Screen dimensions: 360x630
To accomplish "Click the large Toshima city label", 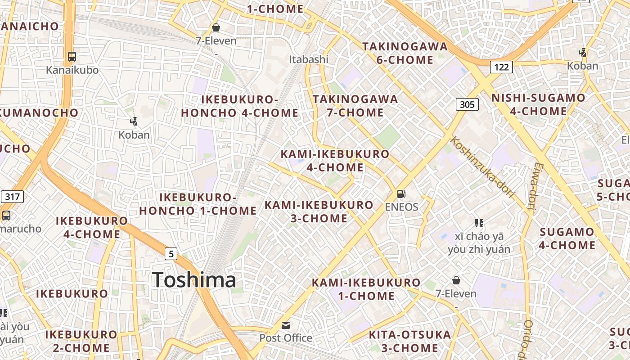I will pyautogui.click(x=194, y=280).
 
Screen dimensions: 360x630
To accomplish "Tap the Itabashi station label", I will pyautogui.click(x=309, y=59).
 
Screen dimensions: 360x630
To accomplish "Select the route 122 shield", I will pyautogui.click(x=501, y=67).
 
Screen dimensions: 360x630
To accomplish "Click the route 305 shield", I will pyautogui.click(x=467, y=104).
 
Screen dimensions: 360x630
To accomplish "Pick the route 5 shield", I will pyautogui.click(x=171, y=254).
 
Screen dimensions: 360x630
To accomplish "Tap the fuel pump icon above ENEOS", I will pyautogui.click(x=401, y=194).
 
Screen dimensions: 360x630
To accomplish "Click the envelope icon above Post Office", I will pyautogui.click(x=285, y=325).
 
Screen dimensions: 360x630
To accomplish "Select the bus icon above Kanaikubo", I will pyautogui.click(x=72, y=57).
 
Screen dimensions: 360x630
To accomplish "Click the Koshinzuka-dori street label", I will pyautogui.click(x=482, y=167).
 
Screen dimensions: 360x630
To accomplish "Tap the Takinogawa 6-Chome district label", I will pyautogui.click(x=398, y=53).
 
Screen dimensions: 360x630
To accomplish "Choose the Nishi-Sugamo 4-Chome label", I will pyautogui.click(x=538, y=104).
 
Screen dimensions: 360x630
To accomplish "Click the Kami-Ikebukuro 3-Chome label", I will pyautogui.click(x=319, y=211).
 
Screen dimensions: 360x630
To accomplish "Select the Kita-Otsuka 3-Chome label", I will pyautogui.click(x=409, y=341).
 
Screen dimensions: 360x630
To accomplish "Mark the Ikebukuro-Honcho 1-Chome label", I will pyautogui.click(x=198, y=204).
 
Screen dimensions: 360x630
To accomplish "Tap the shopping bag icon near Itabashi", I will pyautogui.click(x=216, y=27).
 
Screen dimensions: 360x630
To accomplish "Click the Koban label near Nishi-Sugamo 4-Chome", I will pyautogui.click(x=582, y=66).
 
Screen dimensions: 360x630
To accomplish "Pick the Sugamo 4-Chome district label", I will pyautogui.click(x=567, y=238).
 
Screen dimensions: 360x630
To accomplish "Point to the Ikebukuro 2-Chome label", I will pyautogui.click(x=81, y=341).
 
